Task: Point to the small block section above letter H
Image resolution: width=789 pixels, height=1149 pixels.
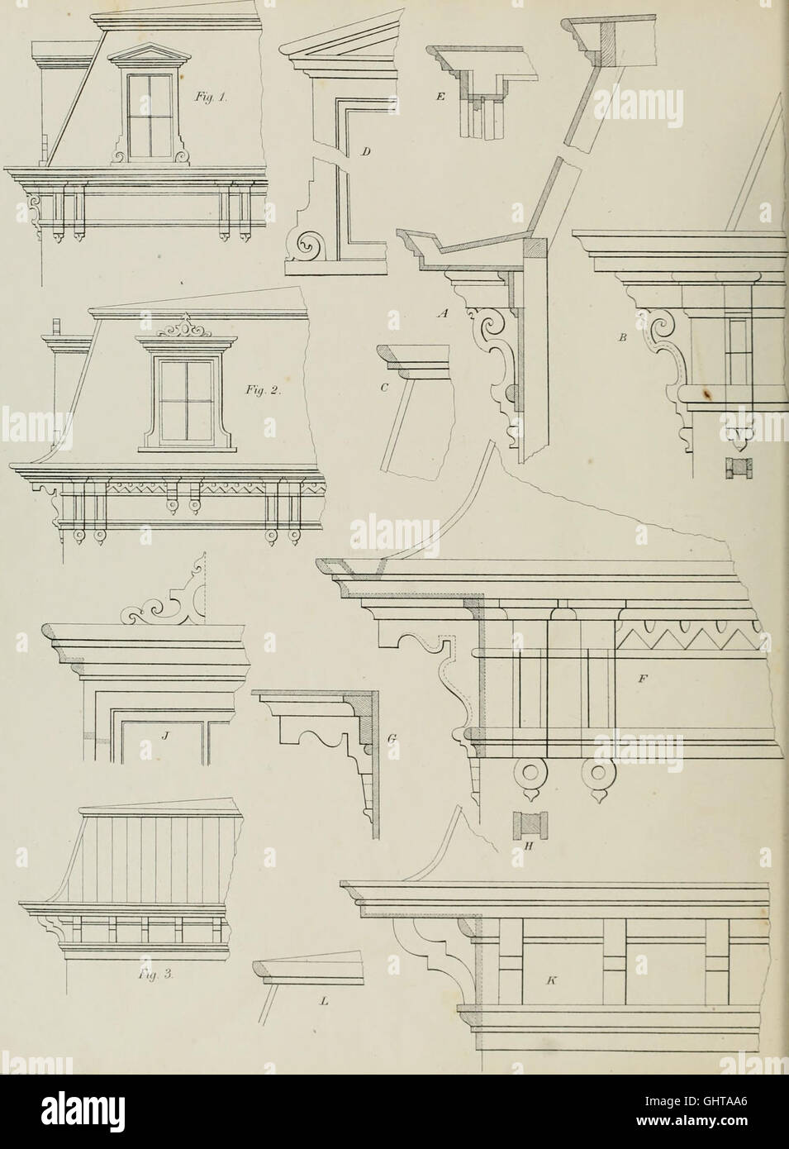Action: (526, 826)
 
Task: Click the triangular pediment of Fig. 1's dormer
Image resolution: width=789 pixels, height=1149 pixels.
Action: (149, 55)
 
